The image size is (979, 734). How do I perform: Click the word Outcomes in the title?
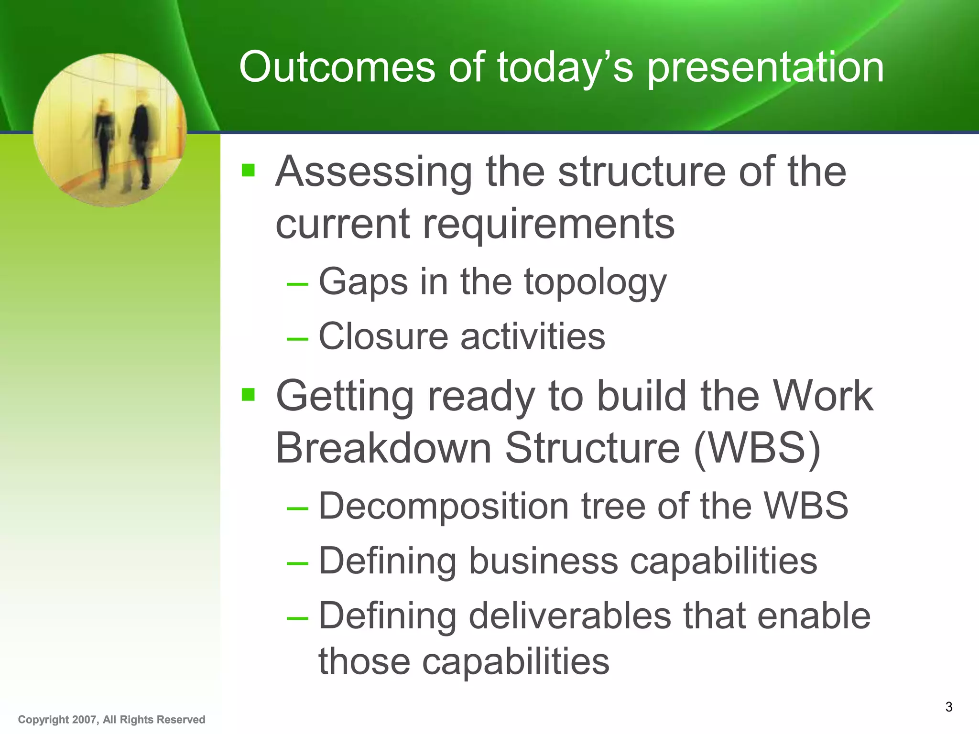pos(337,67)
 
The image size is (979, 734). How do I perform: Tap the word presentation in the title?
pos(765,68)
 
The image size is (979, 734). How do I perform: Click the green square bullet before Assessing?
pos(248,170)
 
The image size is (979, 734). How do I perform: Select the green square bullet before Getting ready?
pos(248,395)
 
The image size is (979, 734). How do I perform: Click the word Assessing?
pos(373,172)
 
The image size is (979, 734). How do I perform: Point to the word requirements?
pos(548,225)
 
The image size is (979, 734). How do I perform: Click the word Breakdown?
pos(383,448)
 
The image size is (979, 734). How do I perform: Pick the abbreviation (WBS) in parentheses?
pos(757,448)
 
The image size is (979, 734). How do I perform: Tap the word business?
pos(543,561)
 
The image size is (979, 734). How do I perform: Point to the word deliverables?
pos(570,616)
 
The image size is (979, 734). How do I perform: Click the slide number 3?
pos(948,707)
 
